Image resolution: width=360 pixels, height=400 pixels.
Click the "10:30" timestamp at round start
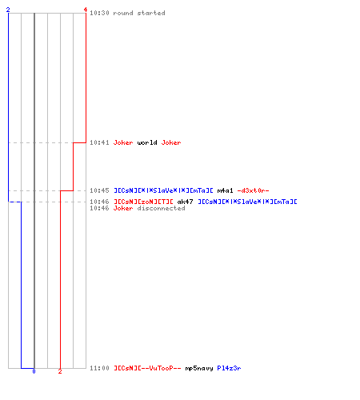[99, 13]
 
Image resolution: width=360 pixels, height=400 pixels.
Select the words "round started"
[139, 13]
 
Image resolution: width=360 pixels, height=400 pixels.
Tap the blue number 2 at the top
[8, 10]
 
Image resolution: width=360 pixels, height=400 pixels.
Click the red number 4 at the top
[86, 10]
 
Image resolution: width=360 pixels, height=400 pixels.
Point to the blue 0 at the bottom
[34, 371]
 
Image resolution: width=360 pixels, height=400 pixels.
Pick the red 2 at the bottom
[60, 371]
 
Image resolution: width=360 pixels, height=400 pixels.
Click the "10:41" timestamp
[99, 142]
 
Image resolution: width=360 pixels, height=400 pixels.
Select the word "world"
[147, 142]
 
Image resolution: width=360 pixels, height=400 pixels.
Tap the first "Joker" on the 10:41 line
[123, 142]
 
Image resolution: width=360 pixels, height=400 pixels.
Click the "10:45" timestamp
[99, 190]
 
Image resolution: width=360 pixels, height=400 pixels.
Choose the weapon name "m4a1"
[225, 190]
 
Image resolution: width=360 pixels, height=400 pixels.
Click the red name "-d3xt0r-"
[253, 190]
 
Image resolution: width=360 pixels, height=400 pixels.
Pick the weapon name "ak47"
[185, 202]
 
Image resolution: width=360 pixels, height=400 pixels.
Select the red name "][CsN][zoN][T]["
[143, 202]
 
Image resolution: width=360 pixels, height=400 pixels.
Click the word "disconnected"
[161, 208]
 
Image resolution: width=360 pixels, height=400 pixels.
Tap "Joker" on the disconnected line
[123, 208]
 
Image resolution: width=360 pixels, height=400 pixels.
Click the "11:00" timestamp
[99, 368]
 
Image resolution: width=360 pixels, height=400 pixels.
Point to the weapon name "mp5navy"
[199, 368]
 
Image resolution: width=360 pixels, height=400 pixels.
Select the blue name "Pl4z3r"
[229, 368]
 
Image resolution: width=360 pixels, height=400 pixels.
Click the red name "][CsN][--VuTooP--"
[147, 368]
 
